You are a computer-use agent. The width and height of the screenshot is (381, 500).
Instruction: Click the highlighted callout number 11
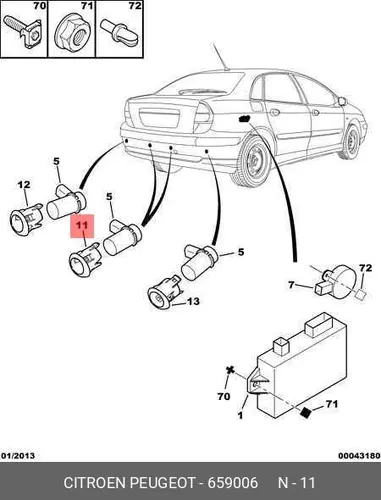click(82, 225)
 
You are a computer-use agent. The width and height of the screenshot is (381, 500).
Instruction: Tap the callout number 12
click(24, 184)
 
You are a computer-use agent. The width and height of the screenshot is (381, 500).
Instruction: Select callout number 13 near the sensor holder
click(193, 301)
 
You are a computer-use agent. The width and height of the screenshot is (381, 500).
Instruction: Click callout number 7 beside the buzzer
click(292, 285)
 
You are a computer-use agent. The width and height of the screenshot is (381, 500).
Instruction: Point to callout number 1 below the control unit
click(240, 415)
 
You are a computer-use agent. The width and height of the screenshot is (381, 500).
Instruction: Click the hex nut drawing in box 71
click(72, 33)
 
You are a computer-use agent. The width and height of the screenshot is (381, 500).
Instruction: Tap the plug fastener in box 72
click(118, 32)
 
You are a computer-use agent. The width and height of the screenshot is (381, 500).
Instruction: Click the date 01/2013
click(18, 455)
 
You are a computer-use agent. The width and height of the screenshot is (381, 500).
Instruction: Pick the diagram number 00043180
click(359, 455)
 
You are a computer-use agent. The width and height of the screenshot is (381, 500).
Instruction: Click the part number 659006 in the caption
click(233, 483)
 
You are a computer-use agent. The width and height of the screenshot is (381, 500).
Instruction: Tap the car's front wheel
click(350, 142)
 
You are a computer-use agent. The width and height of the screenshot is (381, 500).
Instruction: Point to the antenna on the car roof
click(220, 56)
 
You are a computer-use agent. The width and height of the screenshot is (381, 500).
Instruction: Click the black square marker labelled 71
click(305, 413)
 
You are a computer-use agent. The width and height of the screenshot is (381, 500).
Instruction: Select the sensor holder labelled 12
click(25, 220)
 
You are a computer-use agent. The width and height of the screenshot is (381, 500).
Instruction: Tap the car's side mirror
click(342, 100)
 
